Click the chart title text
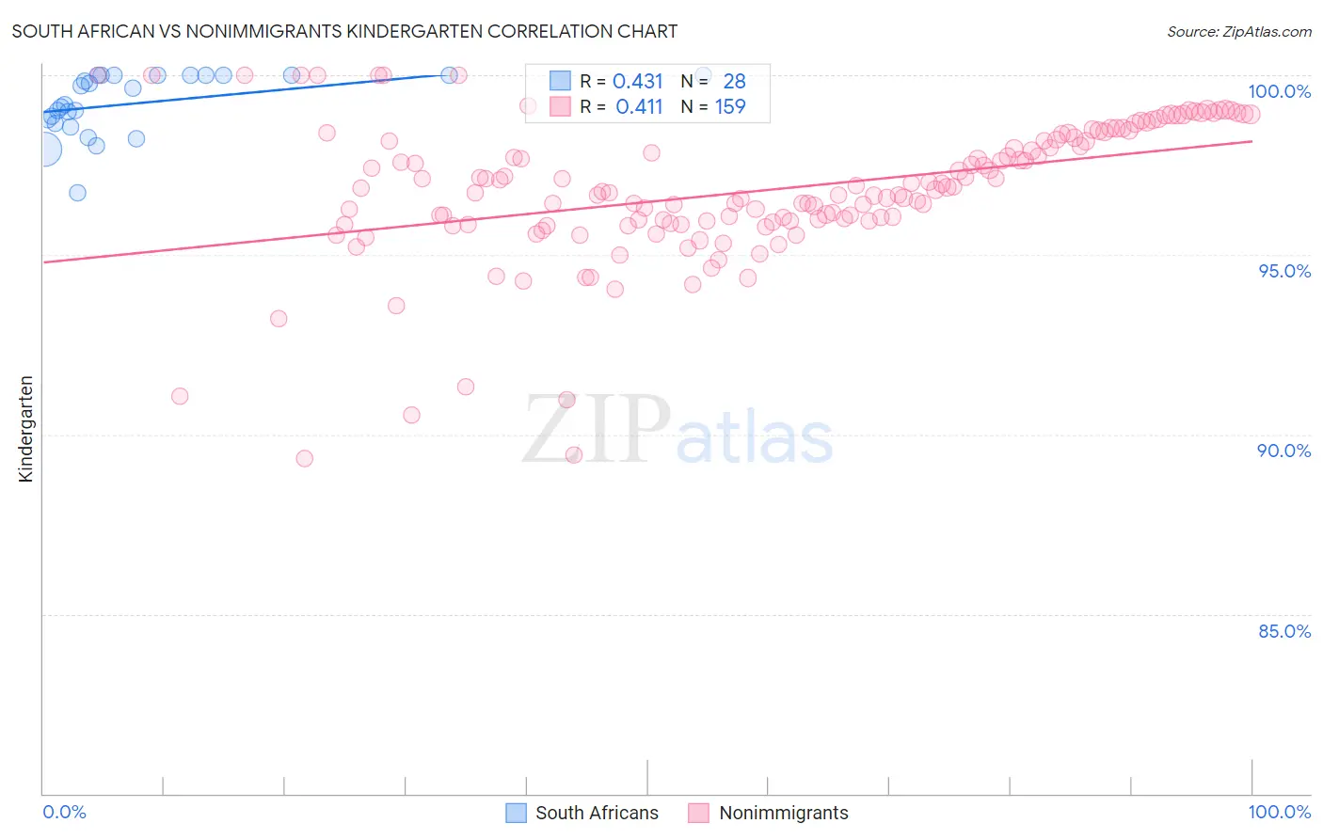coord(344,31)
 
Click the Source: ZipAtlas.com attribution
coord(1238,32)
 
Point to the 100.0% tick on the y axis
coord(1279,91)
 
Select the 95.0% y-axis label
coord(1284,271)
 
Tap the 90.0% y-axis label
coord(1284,451)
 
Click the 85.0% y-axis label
coord(1284,631)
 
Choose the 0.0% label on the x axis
coord(64,812)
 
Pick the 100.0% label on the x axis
coord(1279,812)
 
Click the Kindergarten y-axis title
coord(26,429)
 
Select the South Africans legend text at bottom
coord(597,813)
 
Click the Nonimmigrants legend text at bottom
coord(783,813)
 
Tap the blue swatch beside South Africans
coord(516,813)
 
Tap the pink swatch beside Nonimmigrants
coord(698,813)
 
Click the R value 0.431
coord(638,82)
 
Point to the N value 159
coord(730,107)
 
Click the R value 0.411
coord(639,107)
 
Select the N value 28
coord(734,82)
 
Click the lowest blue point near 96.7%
coord(77,193)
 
